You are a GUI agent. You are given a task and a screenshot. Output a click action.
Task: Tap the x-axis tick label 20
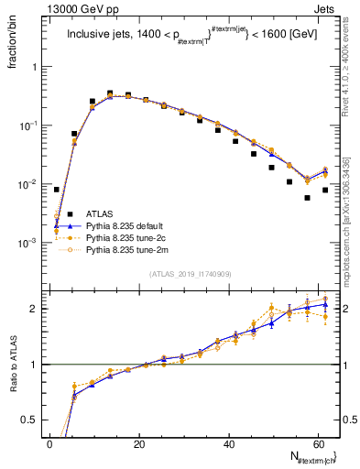[x=139, y=442]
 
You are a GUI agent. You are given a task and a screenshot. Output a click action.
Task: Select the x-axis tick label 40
[x=229, y=442]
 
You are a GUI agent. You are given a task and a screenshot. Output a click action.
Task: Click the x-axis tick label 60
[x=318, y=442]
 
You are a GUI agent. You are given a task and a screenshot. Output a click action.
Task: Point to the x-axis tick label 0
[x=50, y=442]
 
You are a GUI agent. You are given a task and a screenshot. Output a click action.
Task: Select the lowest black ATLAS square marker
[x=308, y=198]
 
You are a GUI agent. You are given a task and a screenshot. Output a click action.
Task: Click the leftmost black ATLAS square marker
[x=57, y=190]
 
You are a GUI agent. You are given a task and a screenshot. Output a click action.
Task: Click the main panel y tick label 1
[x=38, y=67]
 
